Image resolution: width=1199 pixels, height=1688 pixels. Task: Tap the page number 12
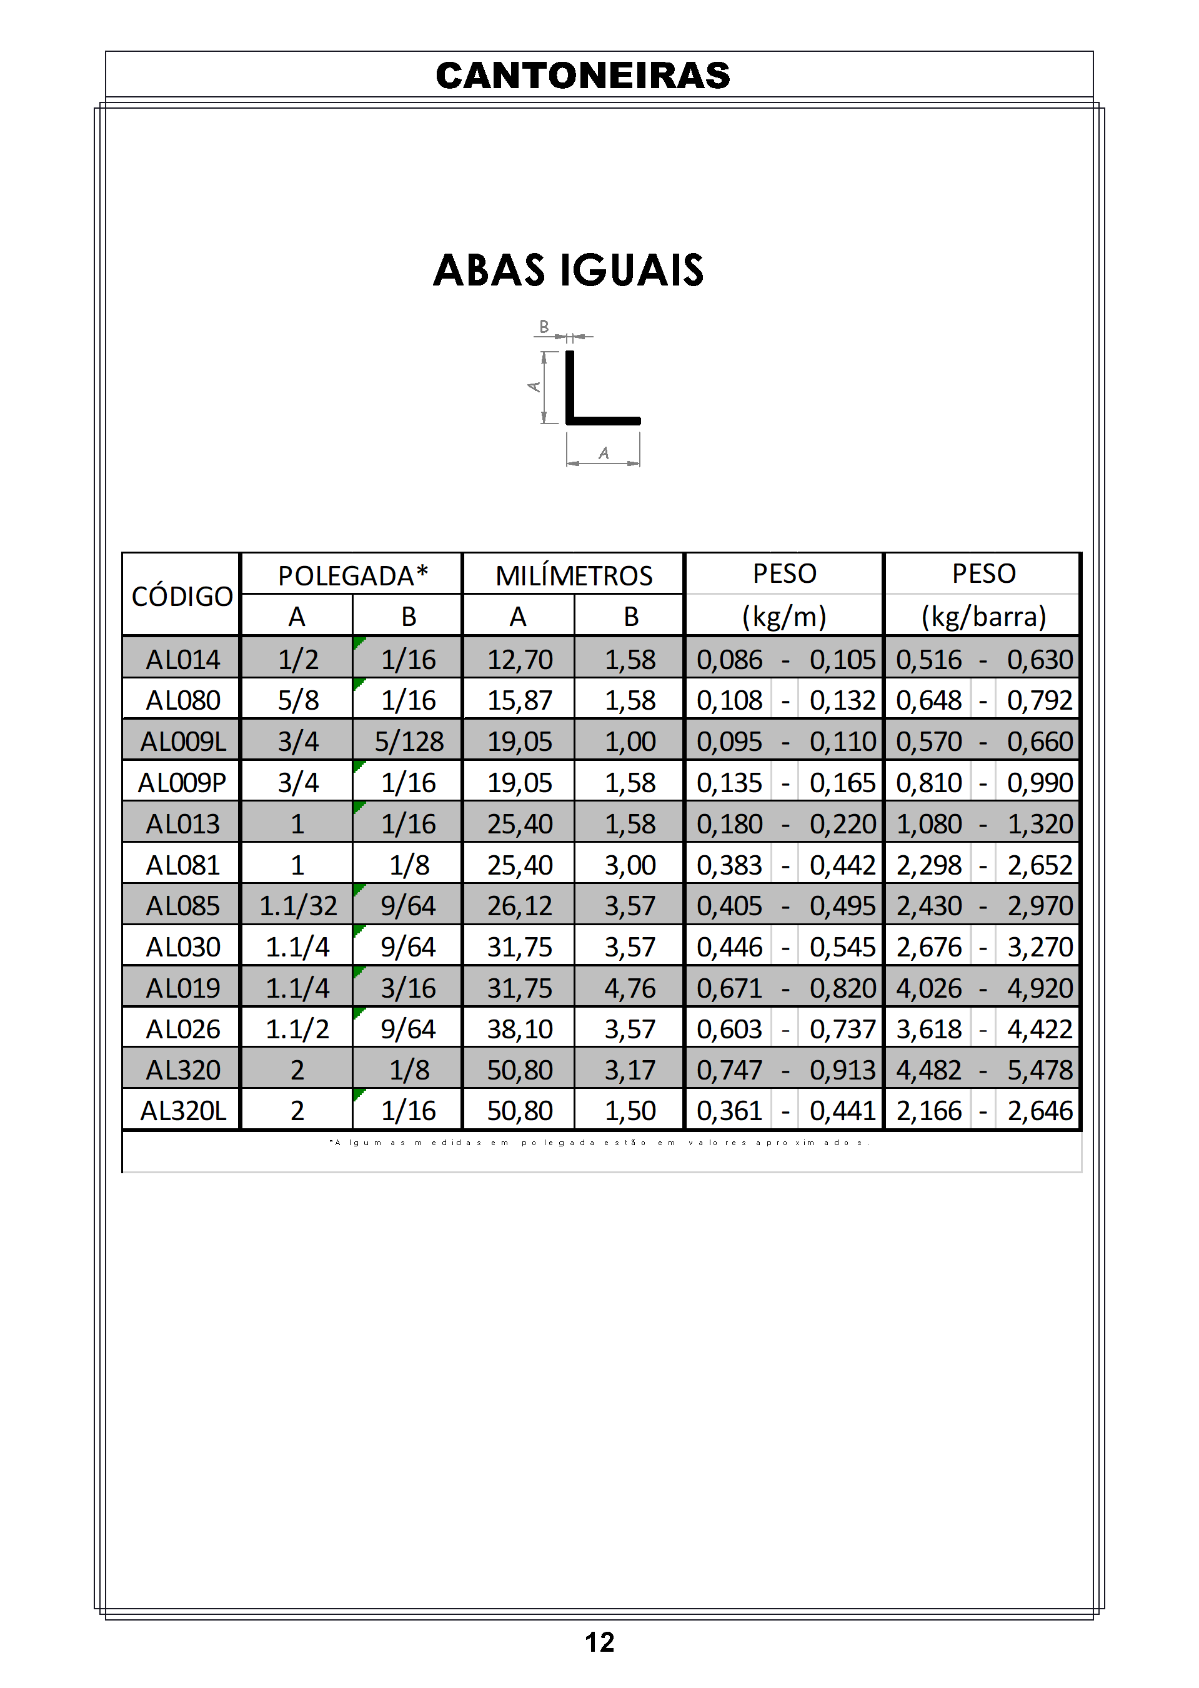click(599, 1642)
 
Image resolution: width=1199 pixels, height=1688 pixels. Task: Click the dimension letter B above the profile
click(544, 326)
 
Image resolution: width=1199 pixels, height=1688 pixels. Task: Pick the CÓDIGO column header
click(182, 595)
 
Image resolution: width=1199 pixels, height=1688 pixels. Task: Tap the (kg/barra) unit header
click(983, 617)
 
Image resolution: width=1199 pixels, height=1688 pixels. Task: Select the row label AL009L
click(182, 742)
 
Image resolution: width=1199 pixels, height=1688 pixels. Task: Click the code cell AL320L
click(182, 1111)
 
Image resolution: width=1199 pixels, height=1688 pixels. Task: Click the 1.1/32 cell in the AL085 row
click(297, 906)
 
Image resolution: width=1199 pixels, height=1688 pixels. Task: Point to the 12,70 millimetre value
click(519, 660)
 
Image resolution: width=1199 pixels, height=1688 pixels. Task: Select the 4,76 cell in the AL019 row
click(630, 988)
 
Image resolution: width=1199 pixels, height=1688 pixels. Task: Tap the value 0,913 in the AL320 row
click(842, 1070)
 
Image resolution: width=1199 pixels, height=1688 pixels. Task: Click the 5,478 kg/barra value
click(1039, 1070)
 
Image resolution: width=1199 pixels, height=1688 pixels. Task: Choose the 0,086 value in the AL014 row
click(729, 660)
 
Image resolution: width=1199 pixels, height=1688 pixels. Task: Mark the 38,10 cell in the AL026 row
click(519, 1029)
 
